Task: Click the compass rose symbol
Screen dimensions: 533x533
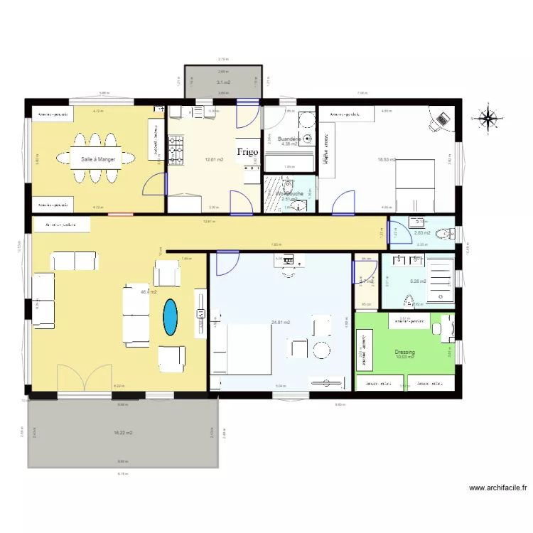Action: point(488,118)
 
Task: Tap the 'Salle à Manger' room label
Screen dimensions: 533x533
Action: point(98,160)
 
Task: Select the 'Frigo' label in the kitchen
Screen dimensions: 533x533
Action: point(247,151)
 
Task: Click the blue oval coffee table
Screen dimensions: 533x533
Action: point(171,317)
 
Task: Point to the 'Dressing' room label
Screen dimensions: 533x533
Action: point(405,352)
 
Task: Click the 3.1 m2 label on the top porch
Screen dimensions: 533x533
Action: point(224,82)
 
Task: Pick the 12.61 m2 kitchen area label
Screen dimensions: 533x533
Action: point(214,160)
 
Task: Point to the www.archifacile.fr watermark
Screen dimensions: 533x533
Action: point(499,488)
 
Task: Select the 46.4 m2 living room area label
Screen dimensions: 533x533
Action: point(149,291)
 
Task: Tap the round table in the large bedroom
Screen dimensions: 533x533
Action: point(322,350)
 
